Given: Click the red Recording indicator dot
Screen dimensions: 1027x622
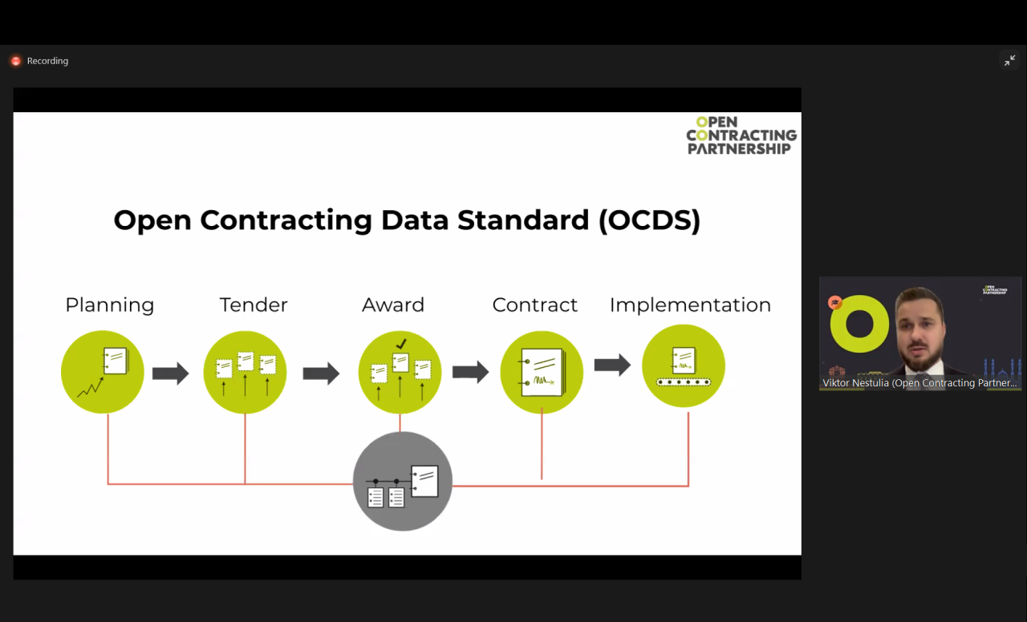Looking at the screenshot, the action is pos(16,61).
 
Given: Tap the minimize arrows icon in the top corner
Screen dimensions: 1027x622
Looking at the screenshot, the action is pos(1009,60).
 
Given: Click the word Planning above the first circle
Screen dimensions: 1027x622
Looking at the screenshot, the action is pos(110,305).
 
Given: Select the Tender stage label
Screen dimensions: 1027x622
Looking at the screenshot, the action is pos(254,305).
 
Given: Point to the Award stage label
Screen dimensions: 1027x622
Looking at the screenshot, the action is pos(393,305).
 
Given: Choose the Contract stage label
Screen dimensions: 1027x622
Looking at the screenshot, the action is pos(534,305).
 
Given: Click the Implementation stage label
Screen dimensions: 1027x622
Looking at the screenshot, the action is pos(690,305).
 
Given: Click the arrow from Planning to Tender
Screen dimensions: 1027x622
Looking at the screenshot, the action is pos(171,374).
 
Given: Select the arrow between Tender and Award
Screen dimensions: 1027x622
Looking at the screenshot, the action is pos(321,374).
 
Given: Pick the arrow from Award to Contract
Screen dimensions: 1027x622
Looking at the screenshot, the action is pos(471,372).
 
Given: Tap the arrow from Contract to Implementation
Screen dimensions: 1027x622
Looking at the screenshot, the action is pos(612,365).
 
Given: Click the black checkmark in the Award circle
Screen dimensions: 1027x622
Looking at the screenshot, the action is pos(401,344).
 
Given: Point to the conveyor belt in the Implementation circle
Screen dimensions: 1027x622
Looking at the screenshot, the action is pos(683,382).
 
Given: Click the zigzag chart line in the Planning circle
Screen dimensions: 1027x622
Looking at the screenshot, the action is pos(91,387).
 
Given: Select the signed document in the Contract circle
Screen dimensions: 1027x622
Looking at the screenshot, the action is pos(542,373).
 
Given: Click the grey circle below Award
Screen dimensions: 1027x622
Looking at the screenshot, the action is pos(403,482).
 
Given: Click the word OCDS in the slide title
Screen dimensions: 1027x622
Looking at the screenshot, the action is pos(650,220).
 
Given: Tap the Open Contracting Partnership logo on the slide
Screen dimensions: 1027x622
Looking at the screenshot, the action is pos(741,135).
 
